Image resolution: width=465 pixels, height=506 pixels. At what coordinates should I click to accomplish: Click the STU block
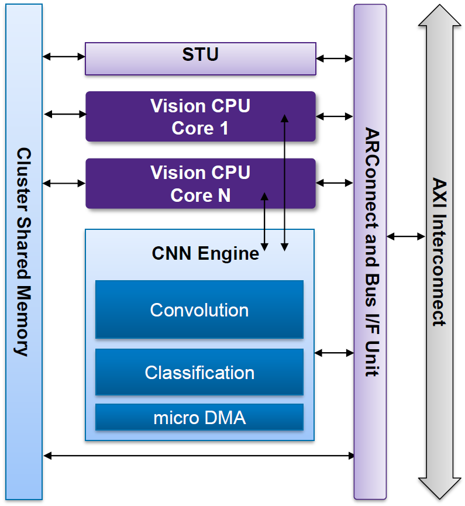point(200,58)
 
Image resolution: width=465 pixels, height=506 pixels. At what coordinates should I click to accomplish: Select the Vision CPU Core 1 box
point(200,116)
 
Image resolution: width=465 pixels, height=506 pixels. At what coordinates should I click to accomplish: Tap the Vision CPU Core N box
point(200,183)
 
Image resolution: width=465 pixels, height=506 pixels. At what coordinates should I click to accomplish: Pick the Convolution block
point(199,309)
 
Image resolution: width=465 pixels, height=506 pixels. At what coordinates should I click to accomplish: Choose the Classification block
point(199,372)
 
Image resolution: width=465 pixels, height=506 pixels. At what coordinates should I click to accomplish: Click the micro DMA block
point(199,418)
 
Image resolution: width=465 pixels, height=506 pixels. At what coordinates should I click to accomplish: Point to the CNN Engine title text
point(205,254)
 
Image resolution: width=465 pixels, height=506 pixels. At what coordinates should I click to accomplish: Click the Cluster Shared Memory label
point(23,252)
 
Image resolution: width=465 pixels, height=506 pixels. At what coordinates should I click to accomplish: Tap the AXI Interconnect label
point(440,252)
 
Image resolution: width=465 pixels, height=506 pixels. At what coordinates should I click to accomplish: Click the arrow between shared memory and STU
point(64,57)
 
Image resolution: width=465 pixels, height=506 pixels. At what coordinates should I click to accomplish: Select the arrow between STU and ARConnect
point(335,58)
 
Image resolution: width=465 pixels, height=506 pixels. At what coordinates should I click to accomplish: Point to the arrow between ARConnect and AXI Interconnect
point(406,236)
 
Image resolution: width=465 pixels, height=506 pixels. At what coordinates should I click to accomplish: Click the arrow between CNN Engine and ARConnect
point(335,353)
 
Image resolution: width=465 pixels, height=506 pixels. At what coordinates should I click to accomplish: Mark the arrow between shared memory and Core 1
point(64,114)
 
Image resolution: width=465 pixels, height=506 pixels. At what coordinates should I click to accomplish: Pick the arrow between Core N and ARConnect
point(335,183)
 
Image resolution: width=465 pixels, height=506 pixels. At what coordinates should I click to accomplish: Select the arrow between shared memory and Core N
point(64,183)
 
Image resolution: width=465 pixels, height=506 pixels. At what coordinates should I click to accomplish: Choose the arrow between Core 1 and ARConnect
point(335,116)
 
